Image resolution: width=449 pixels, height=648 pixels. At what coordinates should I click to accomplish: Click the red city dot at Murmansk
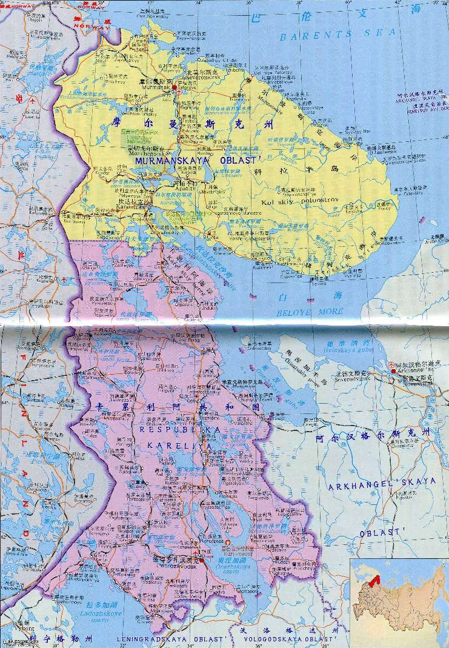(x=174, y=89)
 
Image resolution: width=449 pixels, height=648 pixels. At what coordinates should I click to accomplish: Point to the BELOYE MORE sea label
(x=309, y=312)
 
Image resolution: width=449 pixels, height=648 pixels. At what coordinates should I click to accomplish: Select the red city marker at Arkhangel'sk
(x=392, y=370)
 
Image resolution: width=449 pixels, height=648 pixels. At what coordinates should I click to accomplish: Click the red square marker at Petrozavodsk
(x=196, y=552)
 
